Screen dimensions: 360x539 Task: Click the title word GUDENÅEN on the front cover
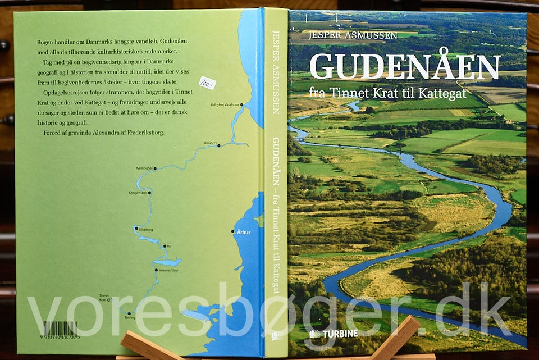(x=404, y=66)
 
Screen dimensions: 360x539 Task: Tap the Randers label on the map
(x=210, y=143)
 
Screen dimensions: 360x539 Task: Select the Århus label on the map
(x=244, y=231)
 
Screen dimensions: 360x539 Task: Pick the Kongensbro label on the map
(x=137, y=193)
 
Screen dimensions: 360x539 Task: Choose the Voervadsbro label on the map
(x=168, y=270)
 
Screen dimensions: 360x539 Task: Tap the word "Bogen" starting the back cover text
(x=44, y=43)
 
